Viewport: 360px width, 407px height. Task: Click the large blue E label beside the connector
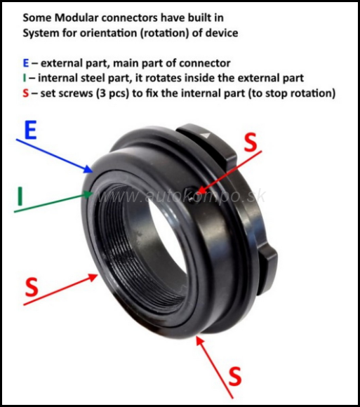pos(30,130)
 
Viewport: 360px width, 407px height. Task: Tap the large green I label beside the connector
pos(20,196)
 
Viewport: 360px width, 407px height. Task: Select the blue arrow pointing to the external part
pos(55,156)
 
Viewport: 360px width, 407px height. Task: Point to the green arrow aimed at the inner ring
pos(53,202)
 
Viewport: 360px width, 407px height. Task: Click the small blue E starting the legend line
pos(26,63)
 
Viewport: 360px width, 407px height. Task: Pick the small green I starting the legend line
pos(25,78)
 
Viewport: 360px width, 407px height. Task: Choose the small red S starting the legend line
pos(26,93)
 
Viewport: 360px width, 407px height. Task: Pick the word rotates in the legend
pos(164,78)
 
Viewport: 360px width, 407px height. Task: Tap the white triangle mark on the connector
pos(206,135)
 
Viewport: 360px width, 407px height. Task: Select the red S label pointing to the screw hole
pos(251,142)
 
